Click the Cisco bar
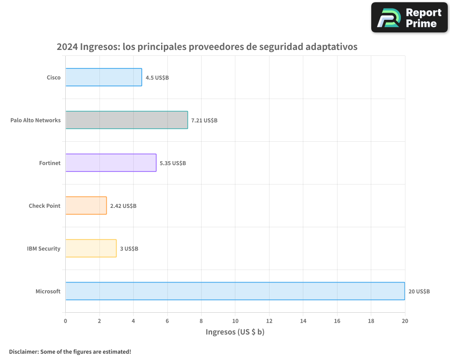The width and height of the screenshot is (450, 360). (x=103, y=77)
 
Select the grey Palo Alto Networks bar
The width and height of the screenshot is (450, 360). (x=126, y=120)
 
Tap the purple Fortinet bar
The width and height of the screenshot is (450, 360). (x=111, y=163)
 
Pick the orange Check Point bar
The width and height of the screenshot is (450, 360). (x=86, y=206)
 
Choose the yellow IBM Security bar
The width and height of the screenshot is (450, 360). (x=91, y=248)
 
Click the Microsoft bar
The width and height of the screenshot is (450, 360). (x=235, y=291)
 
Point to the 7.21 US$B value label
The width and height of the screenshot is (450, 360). (x=204, y=121)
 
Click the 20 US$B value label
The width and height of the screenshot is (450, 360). (x=419, y=292)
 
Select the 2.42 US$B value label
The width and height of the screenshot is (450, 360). (x=123, y=206)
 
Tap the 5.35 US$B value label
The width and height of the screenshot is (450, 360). (x=173, y=163)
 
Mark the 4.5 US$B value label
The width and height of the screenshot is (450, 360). (x=157, y=78)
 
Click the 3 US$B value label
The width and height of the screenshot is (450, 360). (x=129, y=249)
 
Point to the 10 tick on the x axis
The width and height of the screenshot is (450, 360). (x=235, y=321)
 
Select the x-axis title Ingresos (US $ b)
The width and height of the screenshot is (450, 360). (x=235, y=332)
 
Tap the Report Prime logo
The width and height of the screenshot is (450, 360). (x=409, y=18)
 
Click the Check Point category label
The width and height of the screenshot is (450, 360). (x=45, y=206)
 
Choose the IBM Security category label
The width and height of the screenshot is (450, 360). (x=44, y=249)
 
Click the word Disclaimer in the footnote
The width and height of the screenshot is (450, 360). (x=23, y=351)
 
